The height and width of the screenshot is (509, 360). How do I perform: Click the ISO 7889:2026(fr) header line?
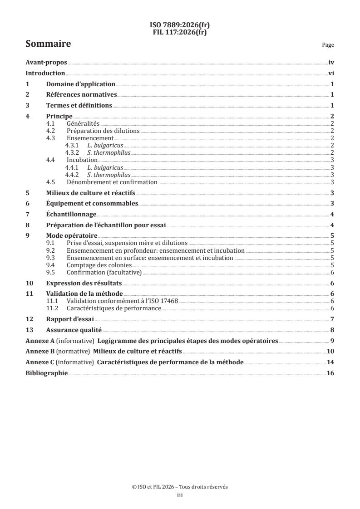[x=180, y=25]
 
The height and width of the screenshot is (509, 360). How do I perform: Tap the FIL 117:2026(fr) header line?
[x=180, y=31]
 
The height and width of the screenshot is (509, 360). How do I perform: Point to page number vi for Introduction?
[x=331, y=73]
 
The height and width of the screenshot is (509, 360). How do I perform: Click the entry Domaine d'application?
[x=80, y=84]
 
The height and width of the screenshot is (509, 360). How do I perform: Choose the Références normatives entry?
[x=82, y=95]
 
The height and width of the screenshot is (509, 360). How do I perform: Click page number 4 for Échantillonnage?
[x=333, y=215]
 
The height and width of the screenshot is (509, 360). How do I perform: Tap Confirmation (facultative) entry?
[x=104, y=272]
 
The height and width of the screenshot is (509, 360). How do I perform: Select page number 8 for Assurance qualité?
[x=333, y=330]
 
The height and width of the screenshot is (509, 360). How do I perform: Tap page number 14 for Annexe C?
[x=331, y=362]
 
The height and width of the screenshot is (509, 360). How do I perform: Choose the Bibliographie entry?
[x=46, y=373]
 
